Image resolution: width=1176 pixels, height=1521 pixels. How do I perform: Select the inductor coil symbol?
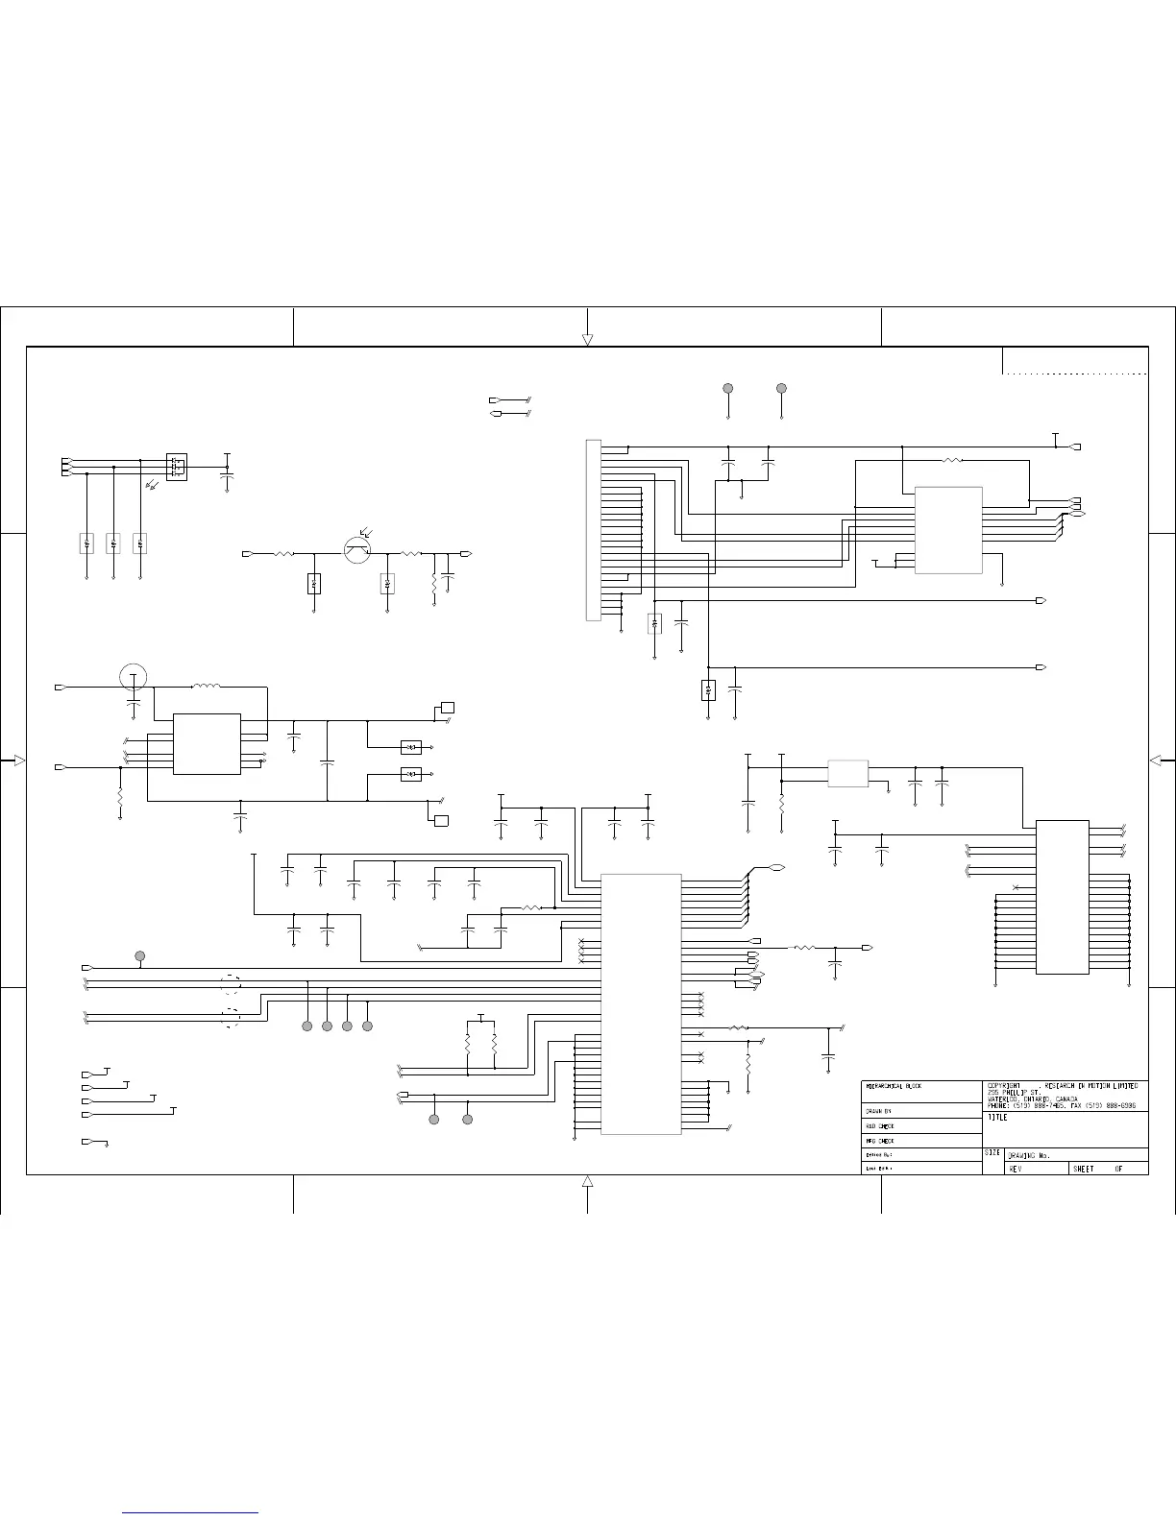pyautogui.click(x=206, y=686)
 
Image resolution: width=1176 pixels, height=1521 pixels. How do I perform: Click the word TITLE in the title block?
pyautogui.click(x=997, y=1119)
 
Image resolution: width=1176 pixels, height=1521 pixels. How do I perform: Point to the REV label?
pyautogui.click(x=1016, y=1169)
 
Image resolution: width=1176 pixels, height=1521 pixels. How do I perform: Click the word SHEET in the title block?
pyautogui.click(x=1084, y=1169)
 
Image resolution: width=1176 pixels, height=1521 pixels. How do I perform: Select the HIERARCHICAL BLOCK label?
pyautogui.click(x=894, y=1086)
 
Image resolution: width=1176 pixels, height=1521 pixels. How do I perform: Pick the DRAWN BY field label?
pyautogui.click(x=880, y=1111)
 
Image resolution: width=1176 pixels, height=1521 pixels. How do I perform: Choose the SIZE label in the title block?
pyautogui.click(x=993, y=1152)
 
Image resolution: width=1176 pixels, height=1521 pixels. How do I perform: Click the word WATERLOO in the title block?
pyautogui.click(x=1005, y=1099)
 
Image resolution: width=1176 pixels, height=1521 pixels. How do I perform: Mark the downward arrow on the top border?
pyautogui.click(x=587, y=340)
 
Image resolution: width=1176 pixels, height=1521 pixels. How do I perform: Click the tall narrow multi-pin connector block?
pyautogui.click(x=593, y=530)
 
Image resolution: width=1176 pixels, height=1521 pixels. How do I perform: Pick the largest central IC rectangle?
pyautogui.click(x=641, y=1003)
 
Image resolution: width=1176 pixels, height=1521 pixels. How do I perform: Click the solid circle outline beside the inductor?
pyautogui.click(x=134, y=677)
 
